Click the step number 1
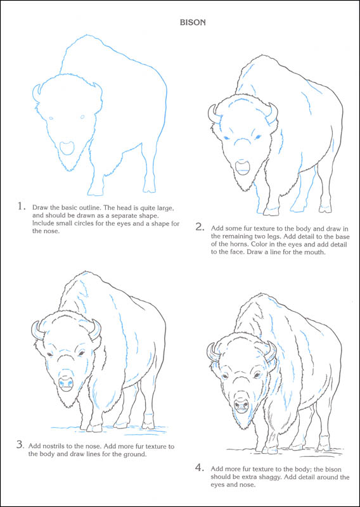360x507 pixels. (x=21, y=206)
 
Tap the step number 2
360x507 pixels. (x=199, y=226)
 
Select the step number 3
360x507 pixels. (x=20, y=444)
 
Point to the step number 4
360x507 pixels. (x=199, y=467)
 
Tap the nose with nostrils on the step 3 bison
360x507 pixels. (x=65, y=383)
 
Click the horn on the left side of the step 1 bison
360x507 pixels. (x=36, y=93)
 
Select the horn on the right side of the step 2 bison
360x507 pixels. (x=273, y=115)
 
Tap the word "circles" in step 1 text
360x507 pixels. (x=89, y=224)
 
